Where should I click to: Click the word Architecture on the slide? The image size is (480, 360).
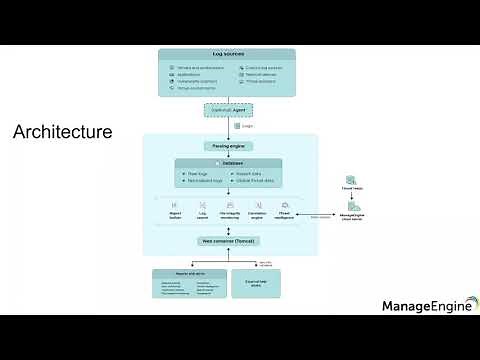62,132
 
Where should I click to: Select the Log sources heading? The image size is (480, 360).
229,53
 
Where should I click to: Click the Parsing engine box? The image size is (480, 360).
229,146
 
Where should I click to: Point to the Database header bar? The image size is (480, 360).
229,162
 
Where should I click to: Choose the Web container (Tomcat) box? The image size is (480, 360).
229,241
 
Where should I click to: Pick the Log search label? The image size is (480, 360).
203,214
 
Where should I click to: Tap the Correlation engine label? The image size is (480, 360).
257,214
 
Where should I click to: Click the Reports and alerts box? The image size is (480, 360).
189,284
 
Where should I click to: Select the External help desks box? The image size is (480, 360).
255,284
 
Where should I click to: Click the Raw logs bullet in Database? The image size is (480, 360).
196,174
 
